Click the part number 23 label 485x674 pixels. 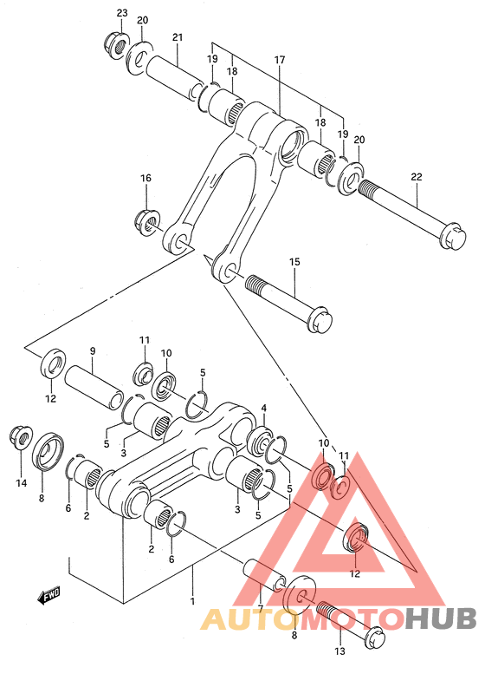(x=121, y=13)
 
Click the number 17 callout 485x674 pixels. (x=280, y=61)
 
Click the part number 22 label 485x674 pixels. (x=417, y=177)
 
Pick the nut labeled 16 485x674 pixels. (x=146, y=220)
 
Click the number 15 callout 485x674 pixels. (x=294, y=261)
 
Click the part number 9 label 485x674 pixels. (x=92, y=351)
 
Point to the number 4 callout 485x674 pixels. (x=263, y=409)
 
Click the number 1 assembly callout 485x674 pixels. (x=193, y=600)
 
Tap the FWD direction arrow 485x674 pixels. (x=48, y=595)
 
